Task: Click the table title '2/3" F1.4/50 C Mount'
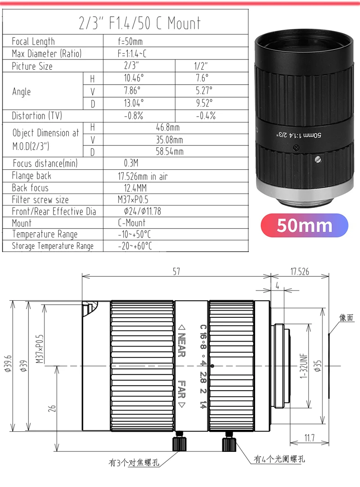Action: (140, 23)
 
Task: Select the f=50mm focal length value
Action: (130, 41)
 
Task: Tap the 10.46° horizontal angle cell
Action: (134, 78)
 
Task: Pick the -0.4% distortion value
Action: (206, 116)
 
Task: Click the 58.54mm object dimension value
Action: (170, 152)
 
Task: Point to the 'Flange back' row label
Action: (31, 176)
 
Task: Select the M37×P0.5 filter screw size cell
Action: (133, 200)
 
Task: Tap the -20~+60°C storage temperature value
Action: (135, 246)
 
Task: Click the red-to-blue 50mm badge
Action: (304, 225)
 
